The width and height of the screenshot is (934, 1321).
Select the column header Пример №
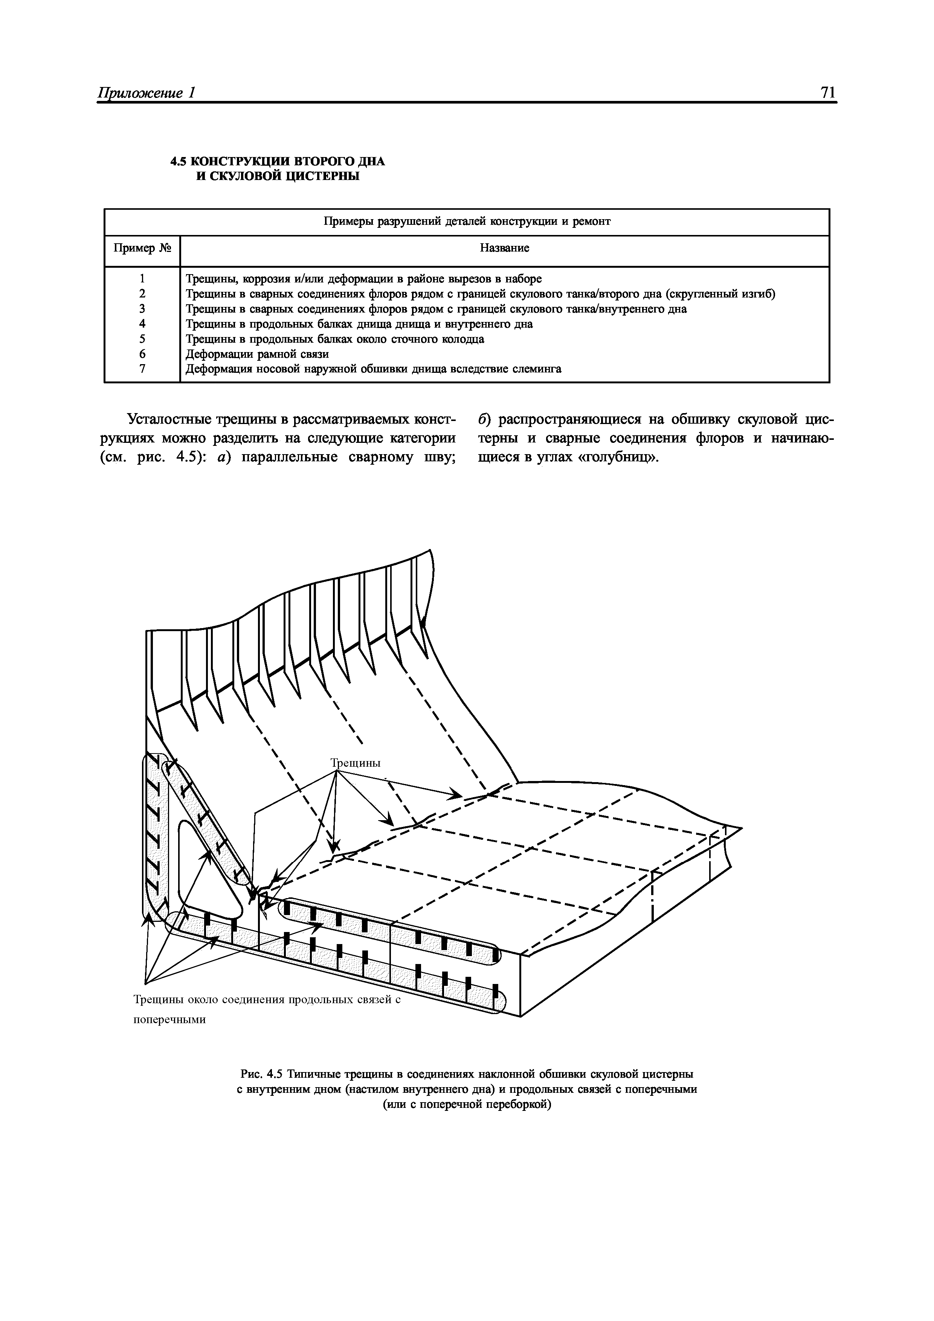(142, 248)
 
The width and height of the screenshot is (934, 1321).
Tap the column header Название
(504, 248)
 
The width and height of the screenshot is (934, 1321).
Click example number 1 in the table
(142, 279)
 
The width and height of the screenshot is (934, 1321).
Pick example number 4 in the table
(142, 324)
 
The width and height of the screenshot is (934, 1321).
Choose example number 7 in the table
(142, 369)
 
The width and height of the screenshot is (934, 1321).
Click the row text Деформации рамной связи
(257, 354)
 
